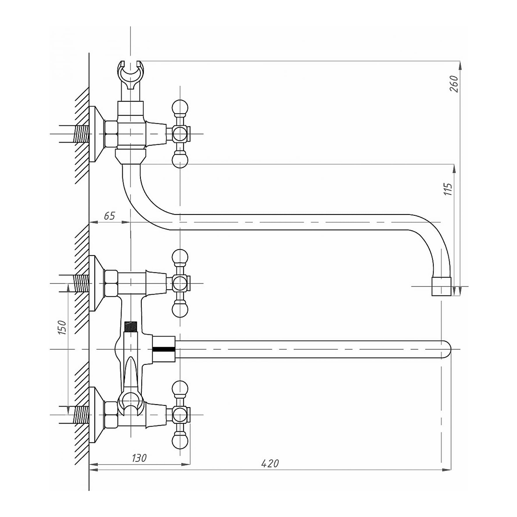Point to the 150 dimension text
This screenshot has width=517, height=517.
tap(62, 328)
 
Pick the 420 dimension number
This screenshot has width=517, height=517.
tap(271, 464)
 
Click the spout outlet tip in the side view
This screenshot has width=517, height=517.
tap(442, 287)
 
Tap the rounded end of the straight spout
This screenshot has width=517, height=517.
tap(446, 349)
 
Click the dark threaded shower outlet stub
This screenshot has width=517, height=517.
tap(130, 326)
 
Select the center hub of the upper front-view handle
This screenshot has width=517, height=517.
tap(180, 283)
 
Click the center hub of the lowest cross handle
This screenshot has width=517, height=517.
tap(180, 415)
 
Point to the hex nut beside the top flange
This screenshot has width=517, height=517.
tap(111, 134)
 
